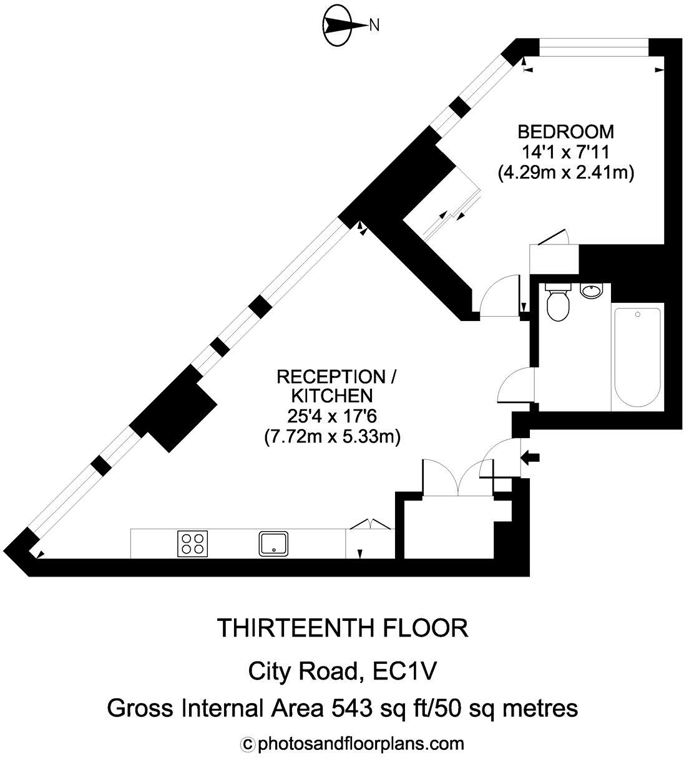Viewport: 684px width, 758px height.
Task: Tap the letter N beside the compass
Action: coord(374,26)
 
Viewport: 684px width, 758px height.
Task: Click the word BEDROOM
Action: coord(566,132)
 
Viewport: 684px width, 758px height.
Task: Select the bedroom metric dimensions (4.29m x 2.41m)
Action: coord(566,173)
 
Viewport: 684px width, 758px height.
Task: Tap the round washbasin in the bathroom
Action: coord(590,290)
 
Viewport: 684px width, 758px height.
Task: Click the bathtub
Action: coord(637,356)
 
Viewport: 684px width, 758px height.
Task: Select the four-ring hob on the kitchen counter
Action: coord(192,542)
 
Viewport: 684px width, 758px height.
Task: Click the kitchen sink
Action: coord(273,543)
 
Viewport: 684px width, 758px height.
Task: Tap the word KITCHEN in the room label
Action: coord(332,396)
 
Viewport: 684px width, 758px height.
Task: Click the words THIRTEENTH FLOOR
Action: coord(342,628)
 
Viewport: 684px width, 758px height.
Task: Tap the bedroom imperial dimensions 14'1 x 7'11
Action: coord(566,152)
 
